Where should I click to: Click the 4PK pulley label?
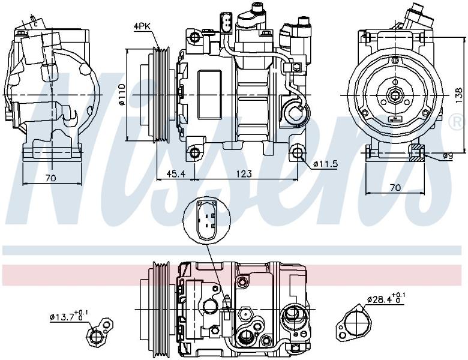(142, 26)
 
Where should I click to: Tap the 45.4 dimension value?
(175, 173)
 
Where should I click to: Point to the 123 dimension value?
(244, 173)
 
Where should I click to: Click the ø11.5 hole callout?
(325, 164)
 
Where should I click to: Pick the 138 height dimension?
(460, 95)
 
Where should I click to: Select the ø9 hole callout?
(448, 156)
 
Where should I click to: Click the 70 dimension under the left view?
(51, 178)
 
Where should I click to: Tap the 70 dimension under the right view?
(395, 187)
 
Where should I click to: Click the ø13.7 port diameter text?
(68, 316)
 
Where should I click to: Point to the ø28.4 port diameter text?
(386, 298)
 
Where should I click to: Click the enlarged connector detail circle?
(207, 221)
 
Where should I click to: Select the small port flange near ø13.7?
(100, 332)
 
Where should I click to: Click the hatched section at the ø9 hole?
(417, 153)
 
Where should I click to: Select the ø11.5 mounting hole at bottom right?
(297, 152)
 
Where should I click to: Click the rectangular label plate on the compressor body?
(210, 95)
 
